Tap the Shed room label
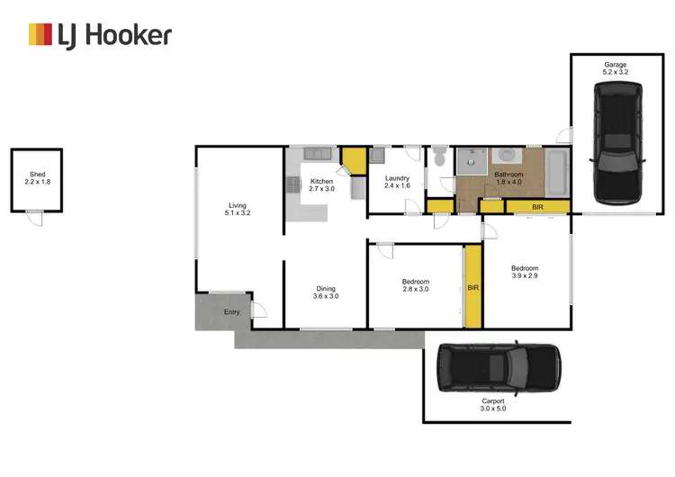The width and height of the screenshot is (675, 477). [x=37, y=178]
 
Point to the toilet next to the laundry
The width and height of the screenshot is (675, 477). [x=438, y=158]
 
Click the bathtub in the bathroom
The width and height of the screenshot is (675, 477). [x=557, y=173]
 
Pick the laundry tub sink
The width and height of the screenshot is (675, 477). [x=378, y=155]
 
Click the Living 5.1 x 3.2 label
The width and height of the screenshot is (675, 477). [x=238, y=209]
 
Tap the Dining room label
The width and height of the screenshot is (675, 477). [x=325, y=292]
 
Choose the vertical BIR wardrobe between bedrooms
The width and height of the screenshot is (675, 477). [x=472, y=288]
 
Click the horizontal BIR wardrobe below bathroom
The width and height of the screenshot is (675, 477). [x=537, y=207]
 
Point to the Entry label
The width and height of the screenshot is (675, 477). [x=231, y=312]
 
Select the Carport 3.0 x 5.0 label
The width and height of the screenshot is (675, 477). [x=493, y=404]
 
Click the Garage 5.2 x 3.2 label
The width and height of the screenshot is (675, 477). [x=616, y=68]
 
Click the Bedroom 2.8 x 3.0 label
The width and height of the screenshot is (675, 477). [x=415, y=286]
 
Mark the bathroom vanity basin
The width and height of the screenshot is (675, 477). [x=504, y=155]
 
